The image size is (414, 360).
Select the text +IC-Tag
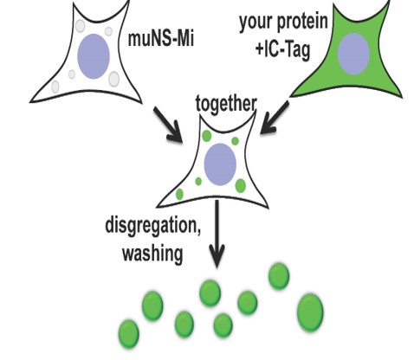point(282,50)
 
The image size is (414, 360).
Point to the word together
point(226,104)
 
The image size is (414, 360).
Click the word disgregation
point(152,226)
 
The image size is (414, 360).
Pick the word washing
point(152,254)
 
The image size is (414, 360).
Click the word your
point(256,22)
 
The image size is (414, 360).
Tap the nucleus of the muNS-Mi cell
point(94,56)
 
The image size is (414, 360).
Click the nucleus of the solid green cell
point(353,54)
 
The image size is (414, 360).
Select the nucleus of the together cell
point(220,164)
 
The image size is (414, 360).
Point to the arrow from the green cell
point(275,117)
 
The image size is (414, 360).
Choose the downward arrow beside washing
point(217,234)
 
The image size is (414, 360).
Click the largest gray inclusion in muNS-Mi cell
point(113,79)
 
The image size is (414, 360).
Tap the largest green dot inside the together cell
point(241,186)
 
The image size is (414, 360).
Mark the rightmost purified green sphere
point(310,312)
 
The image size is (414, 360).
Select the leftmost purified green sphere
point(129,334)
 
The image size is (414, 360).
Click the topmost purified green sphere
point(279,276)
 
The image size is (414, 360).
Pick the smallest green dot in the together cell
point(198,182)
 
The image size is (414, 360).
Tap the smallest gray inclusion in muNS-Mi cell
point(72,74)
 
